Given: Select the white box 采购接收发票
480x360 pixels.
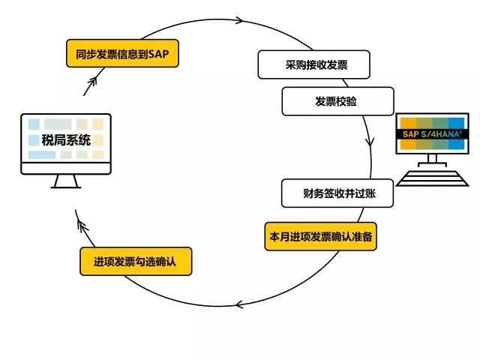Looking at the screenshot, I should point(314,65).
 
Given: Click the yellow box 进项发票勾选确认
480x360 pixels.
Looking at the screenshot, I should point(136,262).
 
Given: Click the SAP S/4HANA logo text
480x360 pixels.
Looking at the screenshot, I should point(433,133).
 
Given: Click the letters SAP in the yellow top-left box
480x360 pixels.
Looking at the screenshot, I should point(159,54).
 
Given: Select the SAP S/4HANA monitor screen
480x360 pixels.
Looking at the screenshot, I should point(432,133).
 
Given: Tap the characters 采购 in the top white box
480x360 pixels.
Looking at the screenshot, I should point(291,65).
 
